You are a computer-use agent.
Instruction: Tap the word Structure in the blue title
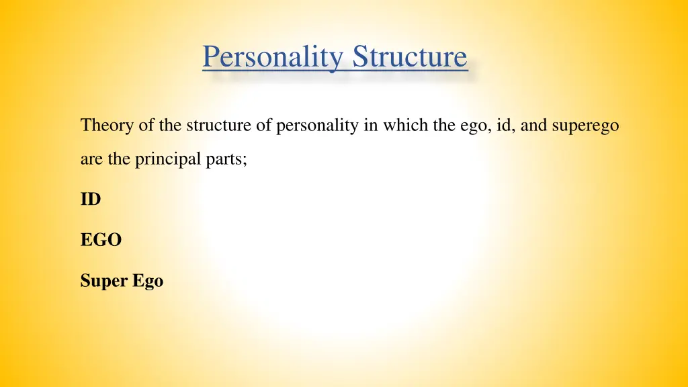(x=410, y=56)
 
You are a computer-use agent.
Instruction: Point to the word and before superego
(x=534, y=126)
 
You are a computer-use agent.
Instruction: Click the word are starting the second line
(x=90, y=161)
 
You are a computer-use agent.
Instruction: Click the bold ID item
(x=90, y=200)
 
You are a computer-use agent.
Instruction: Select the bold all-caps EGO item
(x=101, y=240)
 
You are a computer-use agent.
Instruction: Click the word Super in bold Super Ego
(x=104, y=282)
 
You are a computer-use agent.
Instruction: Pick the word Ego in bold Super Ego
(x=148, y=282)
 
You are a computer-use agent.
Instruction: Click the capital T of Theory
(x=85, y=126)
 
